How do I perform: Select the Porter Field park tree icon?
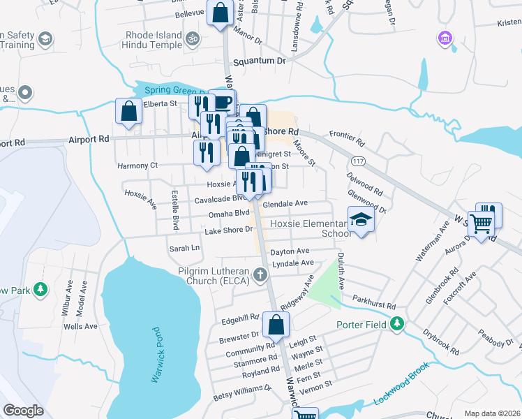(x=397, y=323)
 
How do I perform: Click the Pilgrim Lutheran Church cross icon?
(x=261, y=274)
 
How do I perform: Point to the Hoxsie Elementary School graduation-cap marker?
(x=361, y=220)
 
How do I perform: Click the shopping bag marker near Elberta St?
(x=128, y=111)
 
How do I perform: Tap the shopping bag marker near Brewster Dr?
(x=276, y=325)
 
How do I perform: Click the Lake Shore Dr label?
(x=228, y=230)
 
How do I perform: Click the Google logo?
(x=24, y=410)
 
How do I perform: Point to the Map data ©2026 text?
(x=491, y=413)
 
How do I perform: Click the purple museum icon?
(x=444, y=37)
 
